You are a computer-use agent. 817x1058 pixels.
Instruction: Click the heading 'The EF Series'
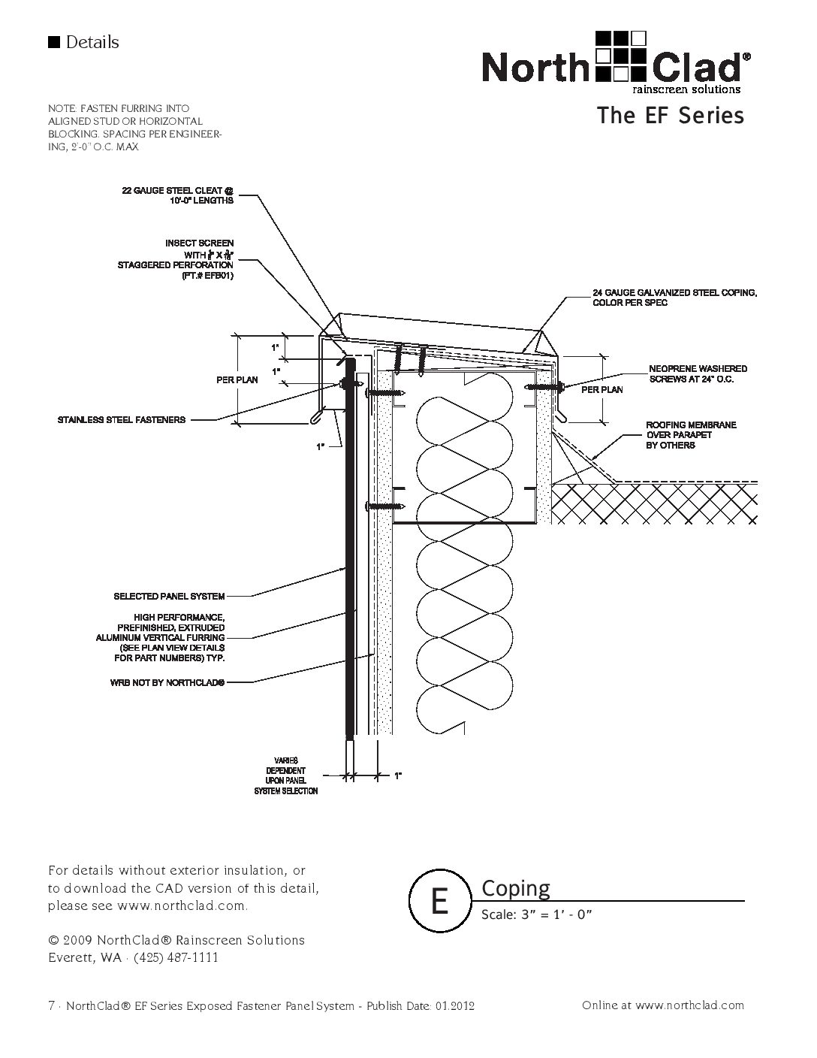(670, 116)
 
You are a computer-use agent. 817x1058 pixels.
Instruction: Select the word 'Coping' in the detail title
(515, 888)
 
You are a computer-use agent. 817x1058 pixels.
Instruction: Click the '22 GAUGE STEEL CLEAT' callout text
(178, 195)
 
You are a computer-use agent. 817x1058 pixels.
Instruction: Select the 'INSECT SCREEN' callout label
(199, 243)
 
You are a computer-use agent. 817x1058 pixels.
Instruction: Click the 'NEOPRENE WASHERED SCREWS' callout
(698, 374)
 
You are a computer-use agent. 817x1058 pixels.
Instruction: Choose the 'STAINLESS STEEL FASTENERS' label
(122, 419)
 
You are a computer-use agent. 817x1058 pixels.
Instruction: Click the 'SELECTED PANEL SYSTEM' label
(169, 597)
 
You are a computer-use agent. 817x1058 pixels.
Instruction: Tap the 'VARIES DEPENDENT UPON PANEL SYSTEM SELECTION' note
(286, 776)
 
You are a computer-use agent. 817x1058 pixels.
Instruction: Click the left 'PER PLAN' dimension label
(237, 380)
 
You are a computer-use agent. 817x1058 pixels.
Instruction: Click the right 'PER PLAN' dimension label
(601, 390)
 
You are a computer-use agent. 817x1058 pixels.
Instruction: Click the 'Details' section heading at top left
(92, 42)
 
